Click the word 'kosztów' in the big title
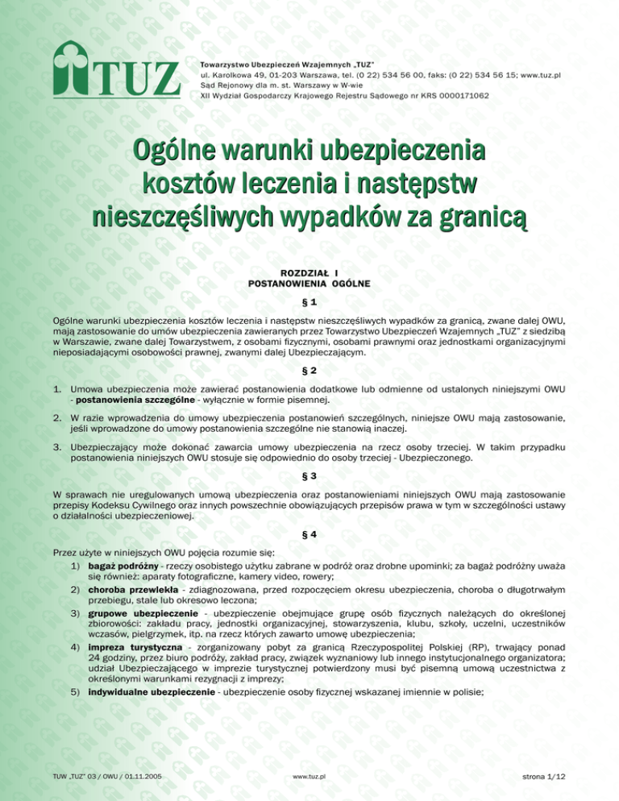193,185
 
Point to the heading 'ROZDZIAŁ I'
309,273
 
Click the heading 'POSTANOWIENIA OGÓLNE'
309,284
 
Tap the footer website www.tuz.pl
309,776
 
